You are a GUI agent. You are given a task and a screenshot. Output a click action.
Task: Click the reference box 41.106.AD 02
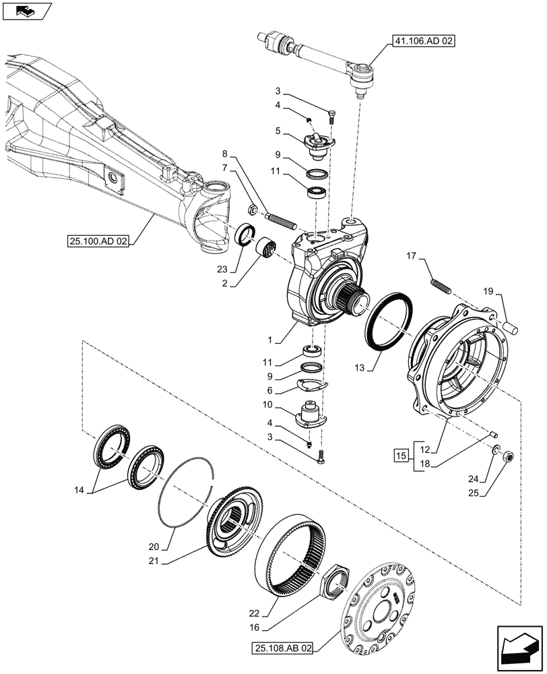point(422,42)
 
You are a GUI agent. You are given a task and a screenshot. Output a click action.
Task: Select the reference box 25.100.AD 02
point(101,240)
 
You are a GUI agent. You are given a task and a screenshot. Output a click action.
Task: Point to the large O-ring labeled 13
point(389,321)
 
